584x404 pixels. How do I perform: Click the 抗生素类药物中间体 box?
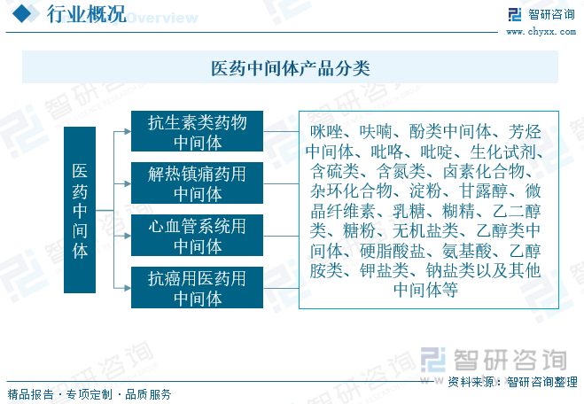click(x=197, y=131)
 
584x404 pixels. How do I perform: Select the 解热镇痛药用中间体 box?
click(x=197, y=183)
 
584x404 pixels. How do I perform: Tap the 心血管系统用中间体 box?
click(x=197, y=235)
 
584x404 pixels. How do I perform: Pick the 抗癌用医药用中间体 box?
click(x=197, y=287)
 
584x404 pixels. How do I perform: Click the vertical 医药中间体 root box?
click(x=80, y=210)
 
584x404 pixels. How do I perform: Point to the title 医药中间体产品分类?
click(x=291, y=68)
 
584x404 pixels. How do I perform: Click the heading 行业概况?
click(x=87, y=14)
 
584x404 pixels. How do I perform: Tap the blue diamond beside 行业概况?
click(x=22, y=14)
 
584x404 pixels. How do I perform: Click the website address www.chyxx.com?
click(x=541, y=32)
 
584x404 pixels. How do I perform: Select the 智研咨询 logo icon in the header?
click(x=515, y=14)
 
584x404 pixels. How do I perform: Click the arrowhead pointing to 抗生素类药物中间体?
click(x=128, y=131)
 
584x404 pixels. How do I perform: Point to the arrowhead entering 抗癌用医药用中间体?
click(x=128, y=288)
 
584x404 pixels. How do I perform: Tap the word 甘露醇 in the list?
click(x=484, y=190)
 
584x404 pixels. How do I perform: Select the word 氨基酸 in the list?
click(x=467, y=251)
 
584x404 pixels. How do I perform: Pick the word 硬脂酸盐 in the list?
click(x=393, y=251)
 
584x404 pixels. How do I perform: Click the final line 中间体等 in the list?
click(x=425, y=290)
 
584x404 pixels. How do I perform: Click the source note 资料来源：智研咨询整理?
click(x=512, y=382)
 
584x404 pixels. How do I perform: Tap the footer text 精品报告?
click(x=30, y=394)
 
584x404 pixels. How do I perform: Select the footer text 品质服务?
click(x=148, y=394)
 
